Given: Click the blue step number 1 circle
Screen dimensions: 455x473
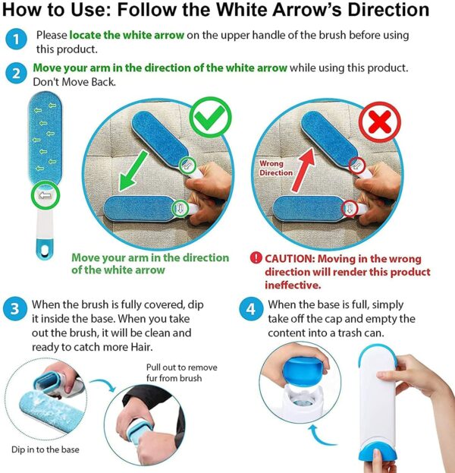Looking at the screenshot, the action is [x=16, y=39].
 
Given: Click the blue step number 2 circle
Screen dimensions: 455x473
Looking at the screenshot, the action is [x=16, y=74].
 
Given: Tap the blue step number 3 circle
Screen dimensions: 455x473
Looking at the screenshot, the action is [x=15, y=309].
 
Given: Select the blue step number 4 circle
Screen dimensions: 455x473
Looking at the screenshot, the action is [x=251, y=309].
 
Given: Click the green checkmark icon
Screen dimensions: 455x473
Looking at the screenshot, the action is [x=211, y=118].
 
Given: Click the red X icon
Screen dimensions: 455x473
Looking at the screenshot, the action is [x=379, y=122].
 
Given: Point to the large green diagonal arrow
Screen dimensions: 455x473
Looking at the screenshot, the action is [x=133, y=171].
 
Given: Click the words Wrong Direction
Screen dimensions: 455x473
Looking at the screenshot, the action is [x=276, y=168].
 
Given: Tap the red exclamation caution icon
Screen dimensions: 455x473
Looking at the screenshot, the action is [x=256, y=257].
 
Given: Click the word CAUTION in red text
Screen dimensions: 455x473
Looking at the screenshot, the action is [x=290, y=259].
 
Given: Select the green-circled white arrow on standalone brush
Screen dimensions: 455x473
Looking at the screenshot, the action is [x=45, y=195].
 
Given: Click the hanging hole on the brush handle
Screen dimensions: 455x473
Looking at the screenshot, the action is [x=45, y=250].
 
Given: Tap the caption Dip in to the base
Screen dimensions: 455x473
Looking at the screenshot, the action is [x=45, y=449].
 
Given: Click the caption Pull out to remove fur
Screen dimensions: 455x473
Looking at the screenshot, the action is [x=181, y=373].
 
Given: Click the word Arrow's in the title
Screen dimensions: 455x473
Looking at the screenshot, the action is [x=307, y=10].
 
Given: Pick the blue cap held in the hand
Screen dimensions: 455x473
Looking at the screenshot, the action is [x=305, y=372].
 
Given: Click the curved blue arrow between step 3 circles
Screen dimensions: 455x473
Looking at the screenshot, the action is [x=104, y=385].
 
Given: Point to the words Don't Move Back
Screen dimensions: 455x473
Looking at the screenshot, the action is [x=74, y=82].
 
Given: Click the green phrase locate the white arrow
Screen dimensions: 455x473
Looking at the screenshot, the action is [x=127, y=35].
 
